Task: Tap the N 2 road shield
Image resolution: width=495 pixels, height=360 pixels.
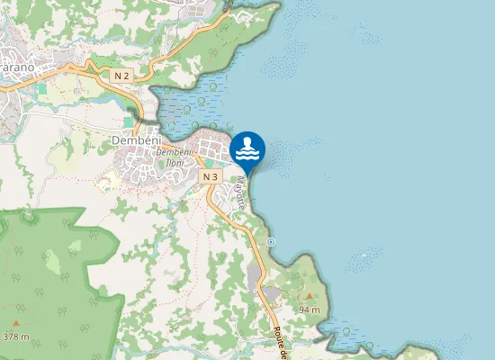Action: coord(122,76)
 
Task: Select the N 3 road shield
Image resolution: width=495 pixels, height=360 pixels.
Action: coord(211,177)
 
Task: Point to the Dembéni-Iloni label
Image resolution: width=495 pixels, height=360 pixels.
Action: coord(174,156)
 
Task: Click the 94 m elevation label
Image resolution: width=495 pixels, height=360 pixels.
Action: coord(310,309)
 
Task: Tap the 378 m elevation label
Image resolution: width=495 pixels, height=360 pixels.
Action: coord(16,337)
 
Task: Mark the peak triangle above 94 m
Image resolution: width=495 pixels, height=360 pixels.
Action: coord(310,296)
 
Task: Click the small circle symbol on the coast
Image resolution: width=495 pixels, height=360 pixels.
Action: coord(271,242)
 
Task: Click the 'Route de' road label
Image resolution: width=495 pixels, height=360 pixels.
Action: coord(279,342)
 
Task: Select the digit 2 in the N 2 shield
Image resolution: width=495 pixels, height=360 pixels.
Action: coord(127,76)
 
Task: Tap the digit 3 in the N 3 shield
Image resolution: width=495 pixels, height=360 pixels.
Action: coord(215,177)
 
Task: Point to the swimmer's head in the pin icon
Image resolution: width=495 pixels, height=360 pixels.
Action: coord(247,141)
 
